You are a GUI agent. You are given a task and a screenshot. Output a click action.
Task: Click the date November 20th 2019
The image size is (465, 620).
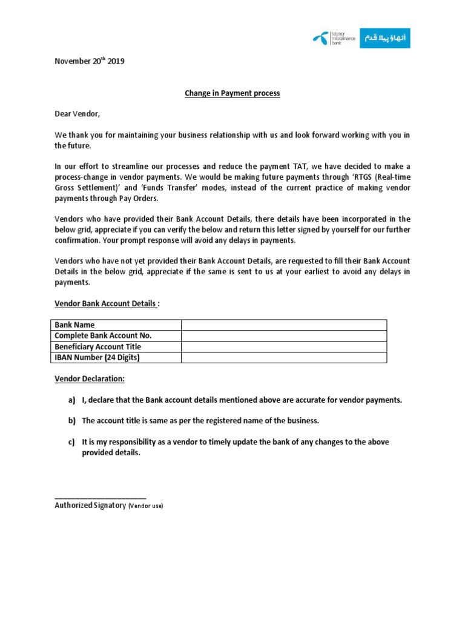click(x=90, y=61)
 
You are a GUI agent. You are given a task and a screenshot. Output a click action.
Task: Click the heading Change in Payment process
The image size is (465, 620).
click(x=232, y=94)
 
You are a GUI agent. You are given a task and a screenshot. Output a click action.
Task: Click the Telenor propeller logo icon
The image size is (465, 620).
click(x=320, y=39)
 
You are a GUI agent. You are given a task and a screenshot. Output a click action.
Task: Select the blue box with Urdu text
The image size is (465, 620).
click(x=384, y=38)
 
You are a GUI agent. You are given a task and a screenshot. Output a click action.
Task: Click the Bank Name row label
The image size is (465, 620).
click(x=74, y=325)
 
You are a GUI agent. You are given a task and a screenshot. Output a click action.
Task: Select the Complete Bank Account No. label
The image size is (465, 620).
click(x=103, y=335)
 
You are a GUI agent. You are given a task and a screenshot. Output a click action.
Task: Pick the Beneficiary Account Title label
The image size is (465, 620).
click(x=97, y=346)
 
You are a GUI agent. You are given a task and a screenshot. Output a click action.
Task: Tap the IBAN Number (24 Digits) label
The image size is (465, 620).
click(x=97, y=357)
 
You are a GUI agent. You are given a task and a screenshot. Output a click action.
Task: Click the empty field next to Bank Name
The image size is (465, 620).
click(x=283, y=325)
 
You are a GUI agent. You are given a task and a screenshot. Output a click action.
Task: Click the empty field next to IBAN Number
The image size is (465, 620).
click(x=283, y=357)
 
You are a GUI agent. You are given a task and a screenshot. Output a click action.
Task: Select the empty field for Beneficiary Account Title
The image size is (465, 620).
click(x=283, y=346)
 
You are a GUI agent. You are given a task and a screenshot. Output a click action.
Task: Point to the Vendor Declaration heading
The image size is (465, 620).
click(x=90, y=378)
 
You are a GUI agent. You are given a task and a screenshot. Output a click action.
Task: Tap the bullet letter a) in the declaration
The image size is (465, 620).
click(x=71, y=400)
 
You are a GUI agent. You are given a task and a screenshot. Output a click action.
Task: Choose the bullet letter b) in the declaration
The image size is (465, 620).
click(x=71, y=421)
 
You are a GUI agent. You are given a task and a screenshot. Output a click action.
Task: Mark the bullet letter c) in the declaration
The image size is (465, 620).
click(x=71, y=442)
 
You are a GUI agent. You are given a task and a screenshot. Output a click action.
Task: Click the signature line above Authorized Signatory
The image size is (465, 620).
click(x=100, y=497)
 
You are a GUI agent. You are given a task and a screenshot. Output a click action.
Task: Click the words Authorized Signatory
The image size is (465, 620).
click(x=90, y=505)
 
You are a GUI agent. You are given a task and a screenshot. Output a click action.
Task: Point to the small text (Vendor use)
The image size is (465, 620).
click(x=145, y=506)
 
